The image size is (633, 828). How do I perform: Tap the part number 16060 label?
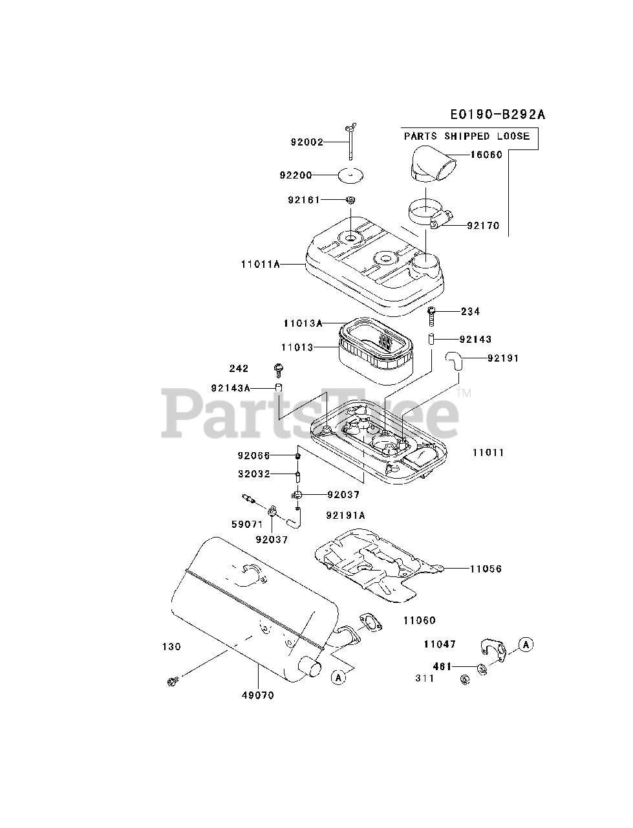click(x=486, y=155)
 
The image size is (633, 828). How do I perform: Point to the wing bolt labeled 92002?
click(x=350, y=142)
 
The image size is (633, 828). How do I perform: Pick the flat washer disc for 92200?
click(x=350, y=175)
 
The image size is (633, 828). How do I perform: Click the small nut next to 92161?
click(x=350, y=200)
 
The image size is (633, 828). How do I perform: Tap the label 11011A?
click(x=260, y=264)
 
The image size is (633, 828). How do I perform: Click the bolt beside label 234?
click(x=432, y=316)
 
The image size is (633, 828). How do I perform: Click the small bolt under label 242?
click(x=280, y=369)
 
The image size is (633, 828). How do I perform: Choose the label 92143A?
click(x=230, y=387)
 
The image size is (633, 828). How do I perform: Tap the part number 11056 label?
click(x=486, y=569)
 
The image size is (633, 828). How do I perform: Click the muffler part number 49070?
click(x=258, y=695)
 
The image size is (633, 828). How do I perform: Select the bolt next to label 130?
click(x=172, y=681)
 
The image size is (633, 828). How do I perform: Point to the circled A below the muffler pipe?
click(x=338, y=677)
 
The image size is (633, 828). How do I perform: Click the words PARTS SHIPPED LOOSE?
click(x=467, y=136)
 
